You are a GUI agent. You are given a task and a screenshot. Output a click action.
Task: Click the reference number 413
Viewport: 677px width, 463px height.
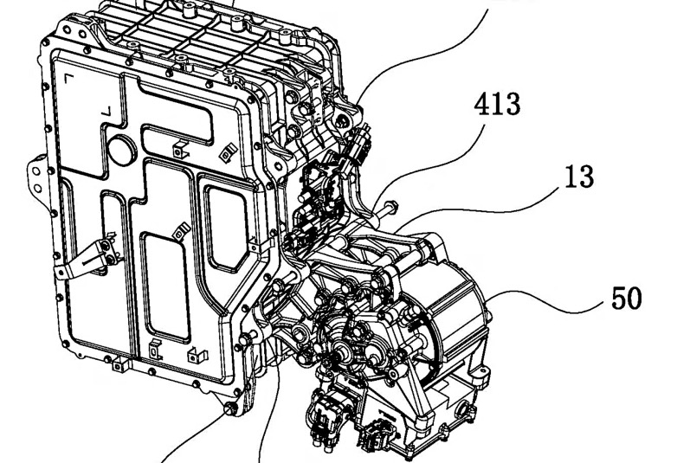click(497, 105)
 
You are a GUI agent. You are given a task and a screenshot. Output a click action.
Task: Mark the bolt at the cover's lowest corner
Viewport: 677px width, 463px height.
click(233, 408)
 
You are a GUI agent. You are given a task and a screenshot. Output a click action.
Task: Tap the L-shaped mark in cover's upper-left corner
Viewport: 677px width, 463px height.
click(68, 79)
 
